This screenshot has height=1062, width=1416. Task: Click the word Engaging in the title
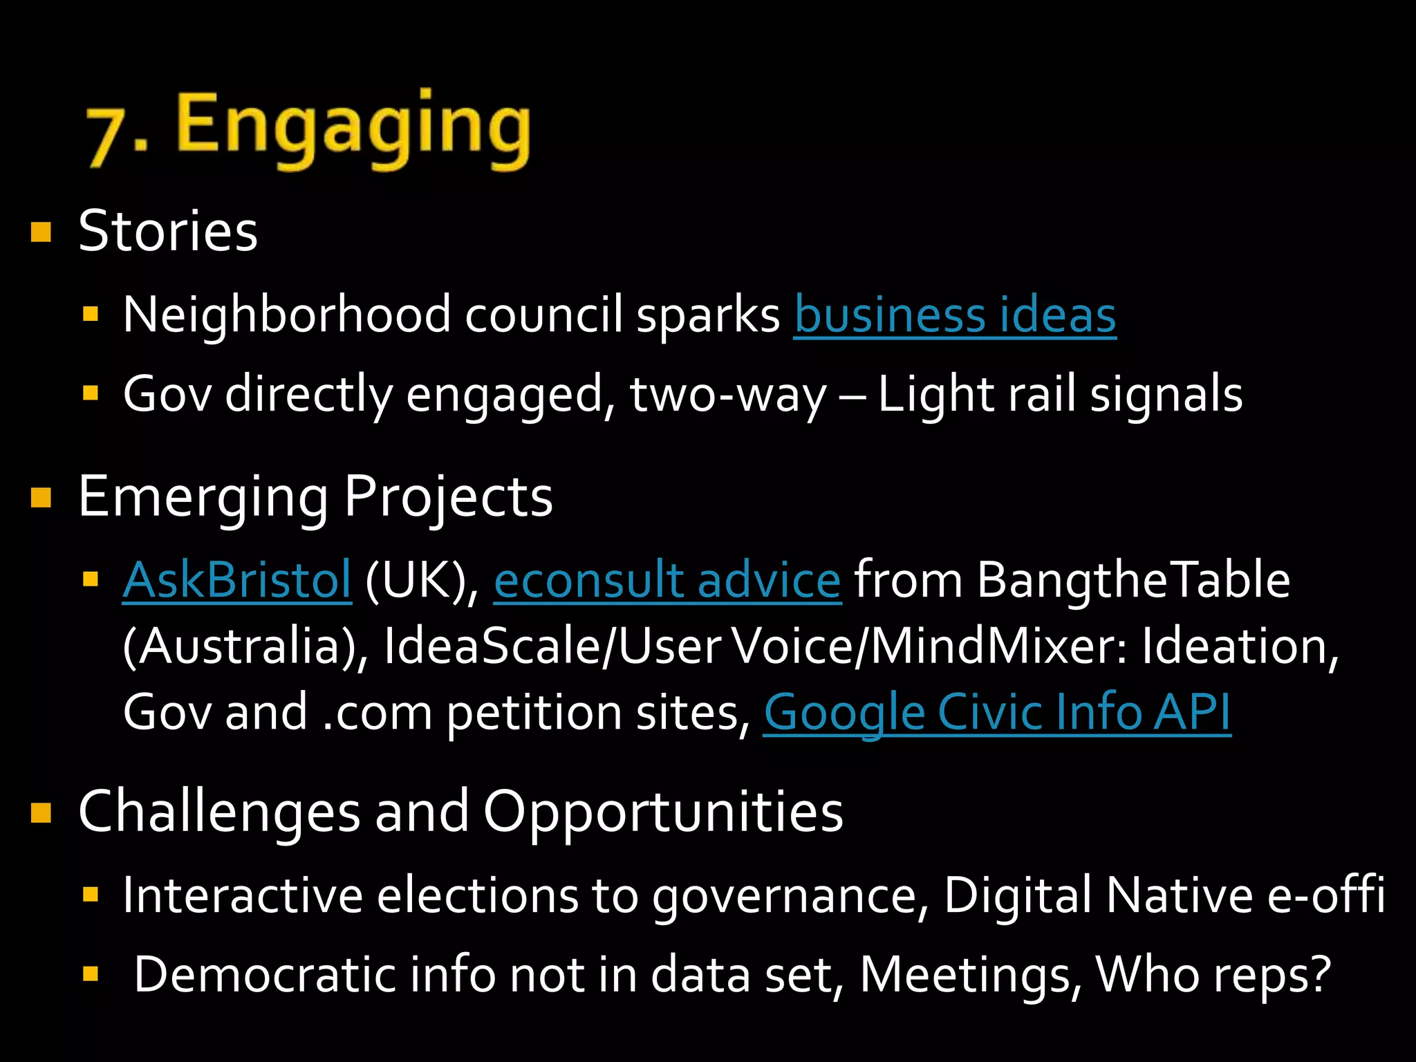(x=353, y=128)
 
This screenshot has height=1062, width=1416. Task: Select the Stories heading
(x=168, y=232)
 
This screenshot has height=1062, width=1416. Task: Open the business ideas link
(x=955, y=315)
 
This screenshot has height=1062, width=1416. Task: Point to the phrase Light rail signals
(x=1060, y=395)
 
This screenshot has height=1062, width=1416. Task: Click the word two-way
(x=727, y=395)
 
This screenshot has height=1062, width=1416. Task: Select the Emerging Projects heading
(x=315, y=497)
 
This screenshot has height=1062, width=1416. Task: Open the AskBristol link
(x=237, y=580)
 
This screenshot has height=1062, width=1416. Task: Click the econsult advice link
(x=667, y=580)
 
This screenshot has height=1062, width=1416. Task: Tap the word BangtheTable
(x=1133, y=580)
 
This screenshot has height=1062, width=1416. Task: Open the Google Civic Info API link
(x=997, y=713)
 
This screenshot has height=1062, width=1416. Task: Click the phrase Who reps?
(x=1213, y=976)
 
